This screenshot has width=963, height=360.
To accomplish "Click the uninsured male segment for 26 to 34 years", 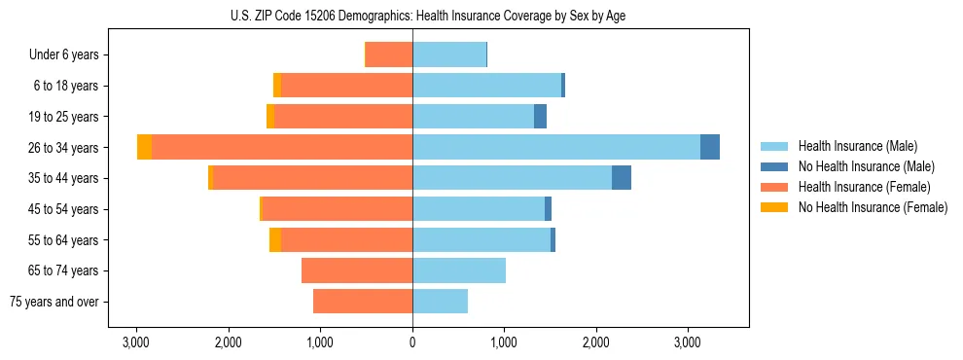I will [x=710, y=147].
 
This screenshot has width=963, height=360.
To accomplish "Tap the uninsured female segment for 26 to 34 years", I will [x=144, y=147].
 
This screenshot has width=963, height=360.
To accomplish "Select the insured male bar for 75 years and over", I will [x=440, y=302].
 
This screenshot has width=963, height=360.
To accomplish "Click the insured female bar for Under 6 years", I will [x=389, y=54].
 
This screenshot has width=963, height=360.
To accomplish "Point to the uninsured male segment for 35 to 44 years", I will [x=622, y=178].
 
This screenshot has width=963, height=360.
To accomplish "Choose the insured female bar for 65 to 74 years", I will [x=357, y=270].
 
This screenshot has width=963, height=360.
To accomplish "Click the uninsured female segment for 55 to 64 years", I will [x=275, y=239].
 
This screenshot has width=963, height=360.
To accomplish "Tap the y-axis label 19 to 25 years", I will [x=66, y=117].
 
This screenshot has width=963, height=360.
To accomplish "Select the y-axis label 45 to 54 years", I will [x=66, y=209].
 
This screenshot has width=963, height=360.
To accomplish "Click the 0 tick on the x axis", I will [x=412, y=342].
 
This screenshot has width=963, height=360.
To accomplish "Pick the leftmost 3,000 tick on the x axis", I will [x=136, y=342].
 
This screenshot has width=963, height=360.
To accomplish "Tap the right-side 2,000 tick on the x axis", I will [x=595, y=342].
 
